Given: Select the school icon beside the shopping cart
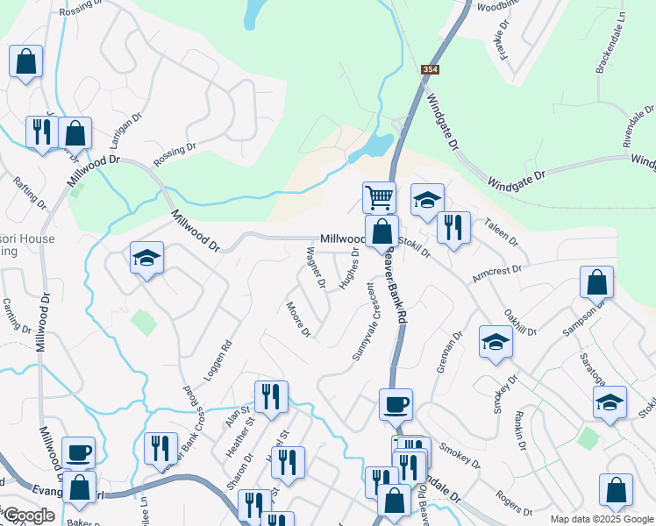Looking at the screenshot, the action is pyautogui.click(x=427, y=199).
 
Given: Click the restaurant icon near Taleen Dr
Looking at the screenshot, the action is pyautogui.click(x=453, y=227).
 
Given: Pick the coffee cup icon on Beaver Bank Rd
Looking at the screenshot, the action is pyautogui.click(x=396, y=404).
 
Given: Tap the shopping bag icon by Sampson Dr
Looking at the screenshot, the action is pyautogui.click(x=596, y=281).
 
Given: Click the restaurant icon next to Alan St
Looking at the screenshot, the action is pyautogui.click(x=271, y=396).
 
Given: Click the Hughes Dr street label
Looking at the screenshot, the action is pyautogui.click(x=349, y=270).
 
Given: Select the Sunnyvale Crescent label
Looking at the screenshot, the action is pyautogui.click(x=363, y=320).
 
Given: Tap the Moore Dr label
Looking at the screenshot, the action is pyautogui.click(x=298, y=319).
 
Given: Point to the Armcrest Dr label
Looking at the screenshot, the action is pyautogui.click(x=496, y=274).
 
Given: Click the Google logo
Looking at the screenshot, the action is pyautogui.click(x=29, y=515).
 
